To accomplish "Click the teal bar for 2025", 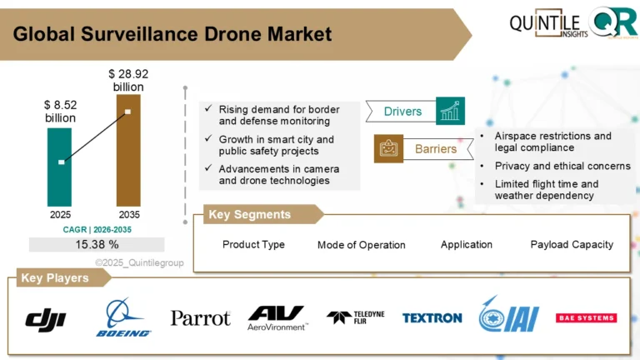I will pos(59,166).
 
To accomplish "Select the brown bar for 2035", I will pos(127,149).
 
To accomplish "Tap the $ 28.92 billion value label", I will pos(127,80).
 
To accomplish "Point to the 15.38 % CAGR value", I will pos(97,244).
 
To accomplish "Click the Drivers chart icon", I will pos(450,111).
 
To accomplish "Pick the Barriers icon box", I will pos(388,148).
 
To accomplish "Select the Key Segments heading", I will pos(250,215).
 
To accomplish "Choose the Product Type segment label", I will pos(253,244).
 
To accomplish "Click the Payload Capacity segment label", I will pos(572,244).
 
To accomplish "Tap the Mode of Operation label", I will pos(361,245).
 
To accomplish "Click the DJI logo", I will pos(46,317).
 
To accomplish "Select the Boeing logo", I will pos(124,317).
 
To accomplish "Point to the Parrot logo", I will pos(200,317).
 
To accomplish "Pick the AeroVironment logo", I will pos(277,317).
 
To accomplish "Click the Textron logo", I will pos(432,317).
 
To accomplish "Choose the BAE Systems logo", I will pos(586,317).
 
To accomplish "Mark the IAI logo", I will pos(508,317).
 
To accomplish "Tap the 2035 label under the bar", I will pos(127,214).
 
